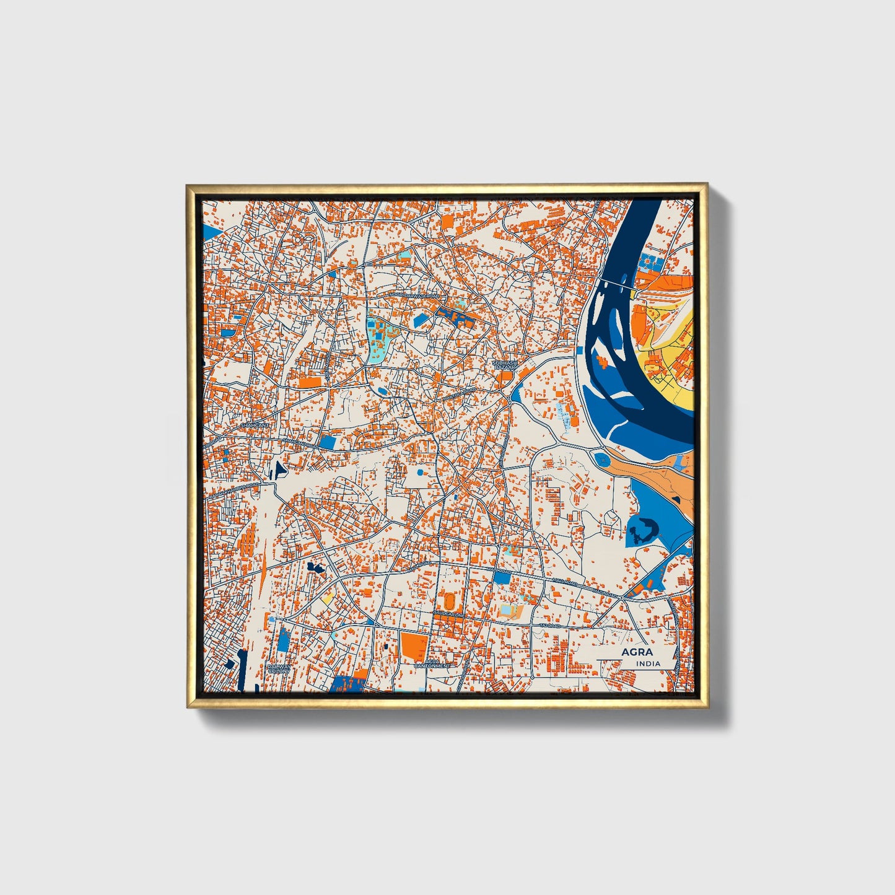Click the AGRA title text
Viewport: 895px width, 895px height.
point(637,652)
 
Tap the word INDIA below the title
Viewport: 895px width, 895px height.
point(648,663)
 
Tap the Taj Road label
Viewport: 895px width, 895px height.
point(549,626)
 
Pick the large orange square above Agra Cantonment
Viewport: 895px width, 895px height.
point(413,645)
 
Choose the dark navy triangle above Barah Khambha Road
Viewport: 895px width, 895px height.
point(279,469)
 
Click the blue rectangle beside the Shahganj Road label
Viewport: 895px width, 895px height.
point(327,442)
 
